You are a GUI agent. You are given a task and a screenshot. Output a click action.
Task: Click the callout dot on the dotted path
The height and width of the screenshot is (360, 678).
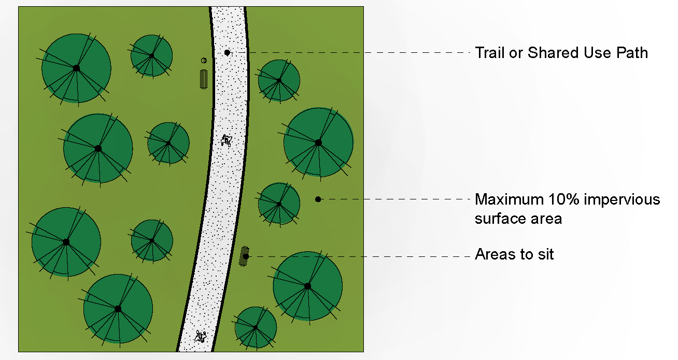point(227,52)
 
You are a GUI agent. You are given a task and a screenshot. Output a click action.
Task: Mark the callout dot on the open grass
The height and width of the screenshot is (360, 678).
point(318,199)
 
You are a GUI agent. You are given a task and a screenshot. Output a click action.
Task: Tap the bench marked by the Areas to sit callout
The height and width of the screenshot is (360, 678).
point(244,256)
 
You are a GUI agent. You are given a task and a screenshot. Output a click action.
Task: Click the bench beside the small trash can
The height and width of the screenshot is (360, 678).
point(204,78)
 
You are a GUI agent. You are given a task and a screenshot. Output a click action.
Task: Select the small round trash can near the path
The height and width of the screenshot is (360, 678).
point(204,61)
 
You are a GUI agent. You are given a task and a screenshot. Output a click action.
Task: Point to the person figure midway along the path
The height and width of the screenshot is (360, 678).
point(226,140)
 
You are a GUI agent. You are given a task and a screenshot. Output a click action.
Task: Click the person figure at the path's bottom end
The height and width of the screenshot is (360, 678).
point(201,336)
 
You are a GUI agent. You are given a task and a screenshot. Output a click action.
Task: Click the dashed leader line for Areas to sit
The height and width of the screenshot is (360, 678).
point(363,256)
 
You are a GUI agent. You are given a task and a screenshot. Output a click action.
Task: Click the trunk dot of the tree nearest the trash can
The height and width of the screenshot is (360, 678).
point(151,55)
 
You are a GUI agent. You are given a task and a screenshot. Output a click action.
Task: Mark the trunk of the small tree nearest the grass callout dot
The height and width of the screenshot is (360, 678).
point(279,204)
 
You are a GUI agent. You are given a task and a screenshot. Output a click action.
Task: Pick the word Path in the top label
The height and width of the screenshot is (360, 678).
point(632,53)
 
